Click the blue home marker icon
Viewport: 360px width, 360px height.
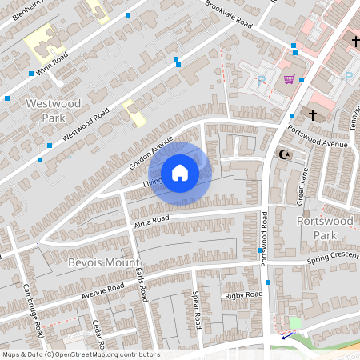180,173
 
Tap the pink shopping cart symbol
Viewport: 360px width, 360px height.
288,79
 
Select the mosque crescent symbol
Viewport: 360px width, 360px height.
282,153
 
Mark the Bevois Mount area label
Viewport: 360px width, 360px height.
104,262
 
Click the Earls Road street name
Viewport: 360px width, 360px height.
141,283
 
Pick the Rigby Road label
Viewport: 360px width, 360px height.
244,294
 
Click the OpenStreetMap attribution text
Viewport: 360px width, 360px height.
81,354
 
